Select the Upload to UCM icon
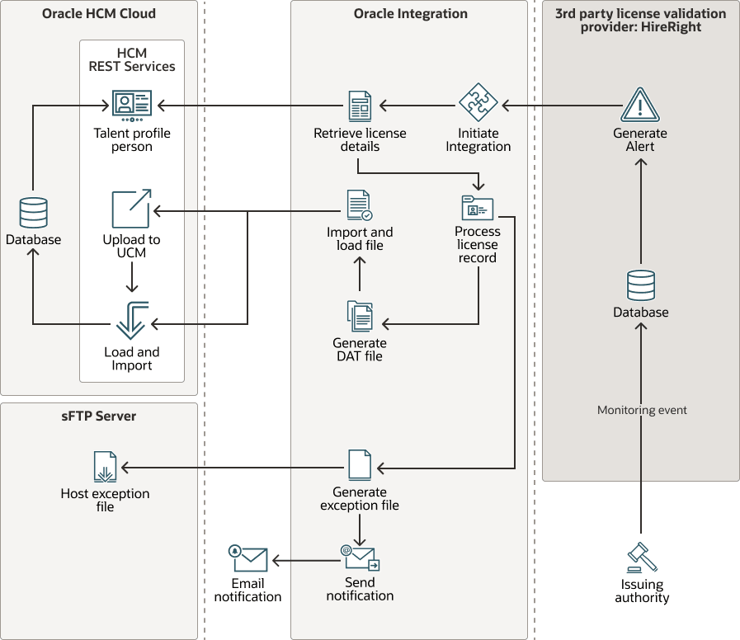coord(132,209)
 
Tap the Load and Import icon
coord(132,320)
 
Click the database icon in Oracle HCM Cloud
coord(33,213)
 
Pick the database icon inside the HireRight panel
coord(641,285)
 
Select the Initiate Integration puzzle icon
coord(478,105)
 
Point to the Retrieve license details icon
coord(361,106)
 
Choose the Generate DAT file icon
coord(360,317)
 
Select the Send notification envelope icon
coord(361,558)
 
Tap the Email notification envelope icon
coord(248,560)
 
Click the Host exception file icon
coord(105,467)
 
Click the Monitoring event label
coord(642,410)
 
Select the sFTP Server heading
coord(99,416)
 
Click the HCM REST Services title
coord(132,59)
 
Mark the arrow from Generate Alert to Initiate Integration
coord(561,106)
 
